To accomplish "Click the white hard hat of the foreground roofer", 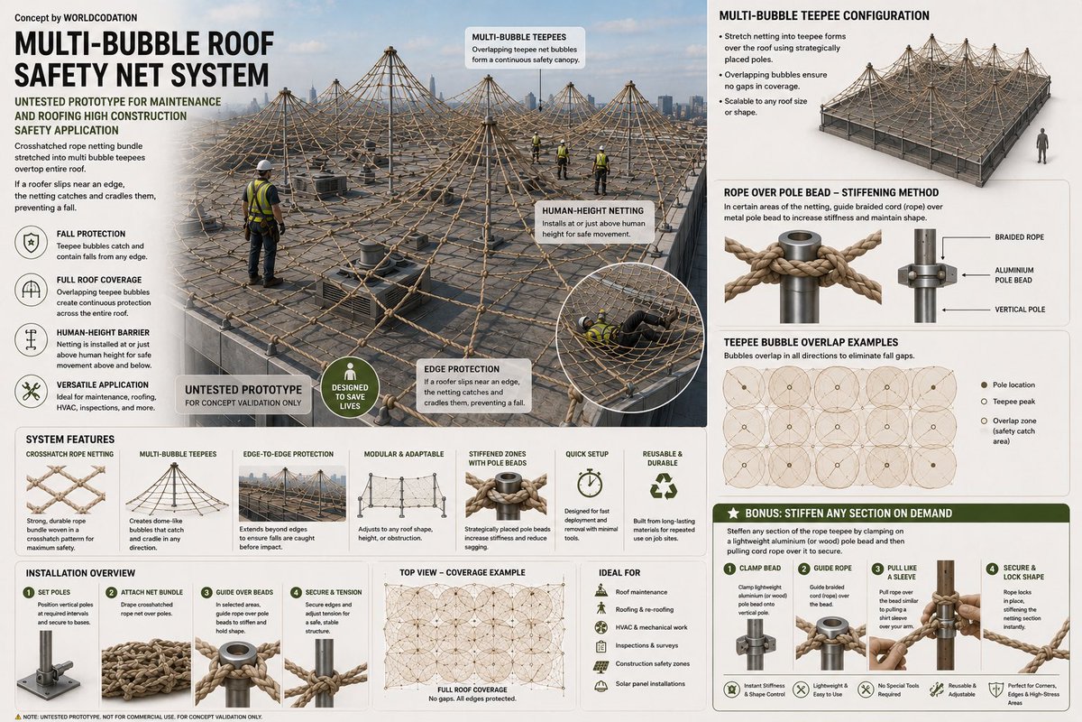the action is coord(264,165).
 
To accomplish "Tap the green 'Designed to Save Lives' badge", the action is coord(350,387).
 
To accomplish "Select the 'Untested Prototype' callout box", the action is coord(243,395).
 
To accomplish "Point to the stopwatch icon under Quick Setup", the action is coord(590,483).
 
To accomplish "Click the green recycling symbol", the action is coord(664,486).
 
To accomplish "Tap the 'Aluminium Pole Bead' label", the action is coord(1013,275).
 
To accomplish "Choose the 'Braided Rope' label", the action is coord(1019,237).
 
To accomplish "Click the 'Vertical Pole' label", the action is coord(1020,310).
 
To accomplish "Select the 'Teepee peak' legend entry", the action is coord(1008,402).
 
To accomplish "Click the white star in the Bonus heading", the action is coord(733,514).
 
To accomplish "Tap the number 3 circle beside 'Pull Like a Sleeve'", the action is coord(877,569).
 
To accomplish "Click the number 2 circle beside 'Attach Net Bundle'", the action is coord(111,592).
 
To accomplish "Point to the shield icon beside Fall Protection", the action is coord(31,242).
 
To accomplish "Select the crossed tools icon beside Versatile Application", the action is coord(31,391).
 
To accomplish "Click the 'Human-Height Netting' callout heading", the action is coord(592,211).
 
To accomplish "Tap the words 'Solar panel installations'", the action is coord(650,684).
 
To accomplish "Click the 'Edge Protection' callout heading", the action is coord(462,369).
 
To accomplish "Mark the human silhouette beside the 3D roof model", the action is coord(1042,145).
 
